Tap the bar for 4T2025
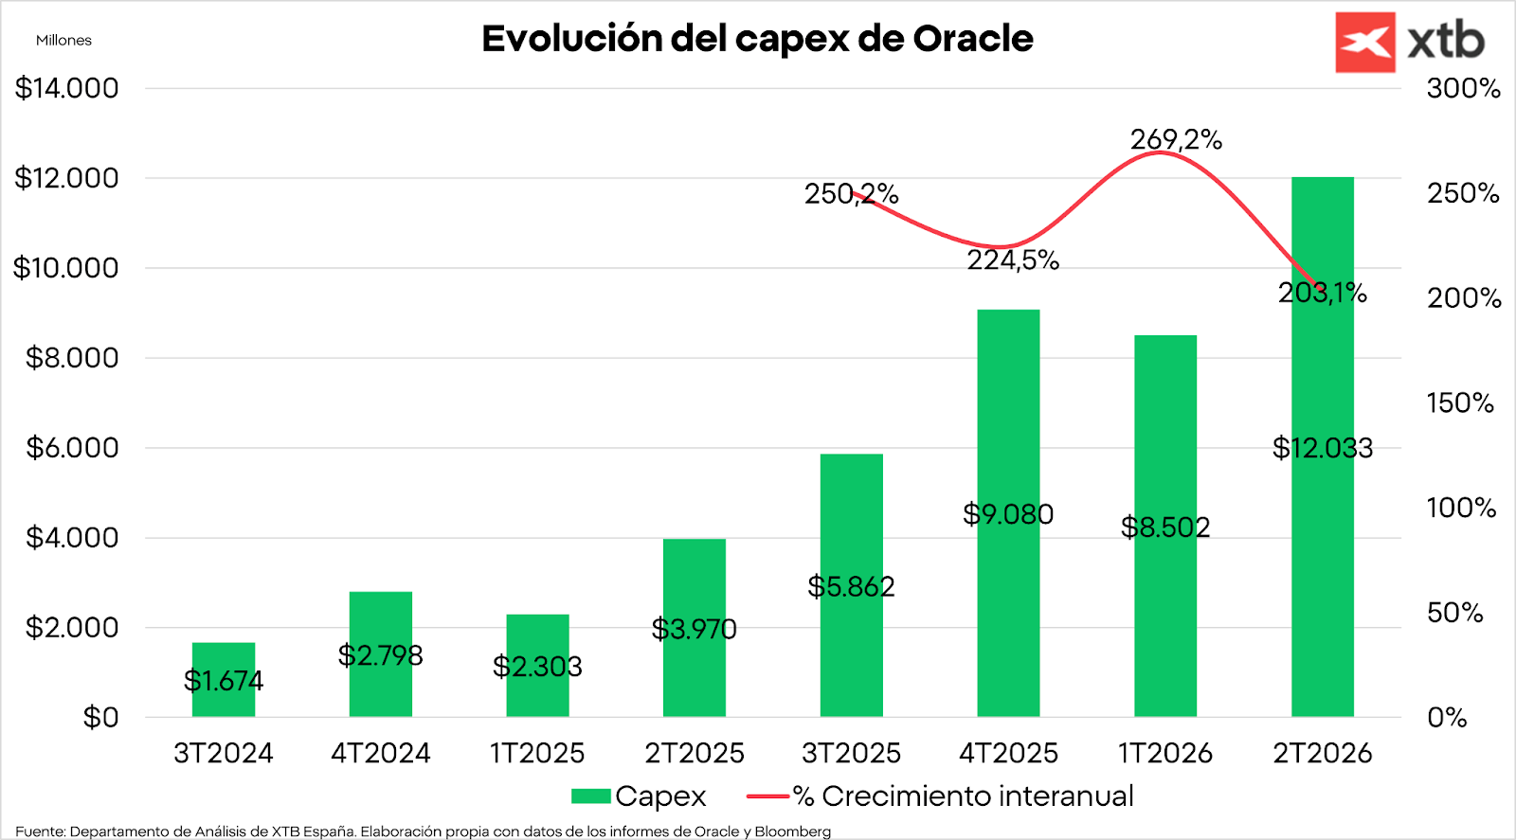coord(1008,426)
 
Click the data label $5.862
coord(851,587)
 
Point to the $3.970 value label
coord(694,629)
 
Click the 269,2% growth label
coord(1176,140)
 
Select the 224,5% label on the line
coord(1013,260)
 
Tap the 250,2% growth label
coord(851,194)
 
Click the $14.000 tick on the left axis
coord(66,88)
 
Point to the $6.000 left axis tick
coord(72,447)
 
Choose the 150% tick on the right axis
coord(1460,402)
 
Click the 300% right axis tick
coord(1463,88)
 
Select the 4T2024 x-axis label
coord(380,753)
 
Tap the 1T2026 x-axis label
coord(1164,753)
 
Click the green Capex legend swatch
coord(590,796)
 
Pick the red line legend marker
coord(767,796)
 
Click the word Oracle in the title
coord(973,39)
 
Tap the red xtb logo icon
coord(1364,43)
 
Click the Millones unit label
coord(63,40)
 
